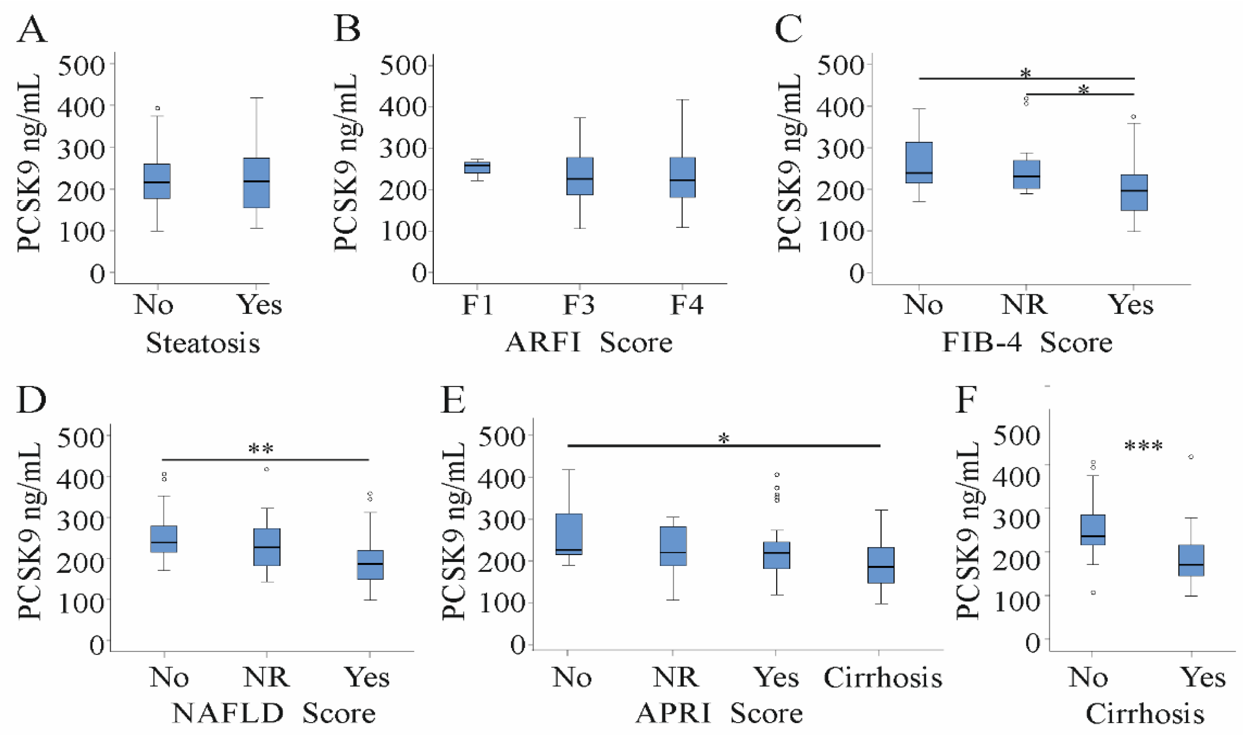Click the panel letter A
click(x=32, y=30)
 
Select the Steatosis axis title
click(x=203, y=343)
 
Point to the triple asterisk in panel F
click(x=1143, y=447)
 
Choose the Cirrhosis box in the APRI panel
click(x=881, y=565)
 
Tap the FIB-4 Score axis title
click(x=1027, y=342)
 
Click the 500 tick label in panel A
click(x=81, y=65)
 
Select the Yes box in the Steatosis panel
click(x=256, y=183)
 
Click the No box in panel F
click(x=1093, y=530)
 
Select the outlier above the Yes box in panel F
click(x=1191, y=457)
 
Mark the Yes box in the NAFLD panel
click(x=371, y=565)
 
